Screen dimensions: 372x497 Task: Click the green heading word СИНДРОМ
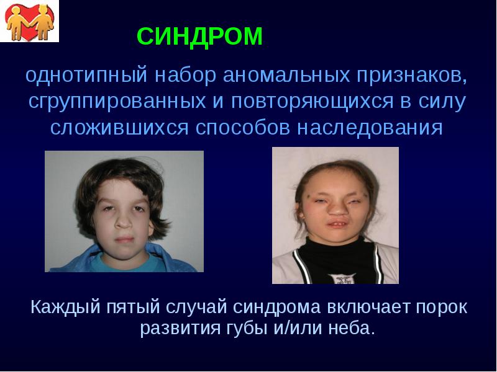pos(200,37)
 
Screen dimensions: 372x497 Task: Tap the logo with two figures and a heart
pos(30,20)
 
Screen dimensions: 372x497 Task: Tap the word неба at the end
pos(353,328)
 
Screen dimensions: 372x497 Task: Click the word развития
pos(176,328)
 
